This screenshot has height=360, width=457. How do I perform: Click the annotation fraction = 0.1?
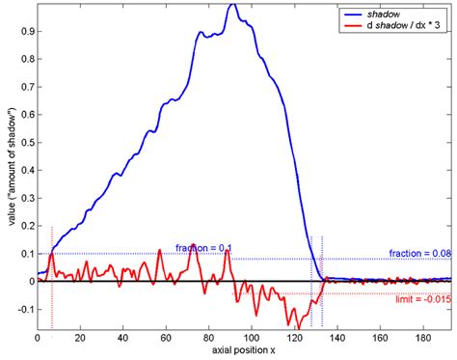pyautogui.click(x=203, y=248)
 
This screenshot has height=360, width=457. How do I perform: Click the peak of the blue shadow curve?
pyautogui.click(x=232, y=6)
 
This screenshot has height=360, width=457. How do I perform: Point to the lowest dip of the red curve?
pyautogui.click(x=286, y=326)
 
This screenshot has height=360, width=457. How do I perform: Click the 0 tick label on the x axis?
pyautogui.click(x=38, y=340)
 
